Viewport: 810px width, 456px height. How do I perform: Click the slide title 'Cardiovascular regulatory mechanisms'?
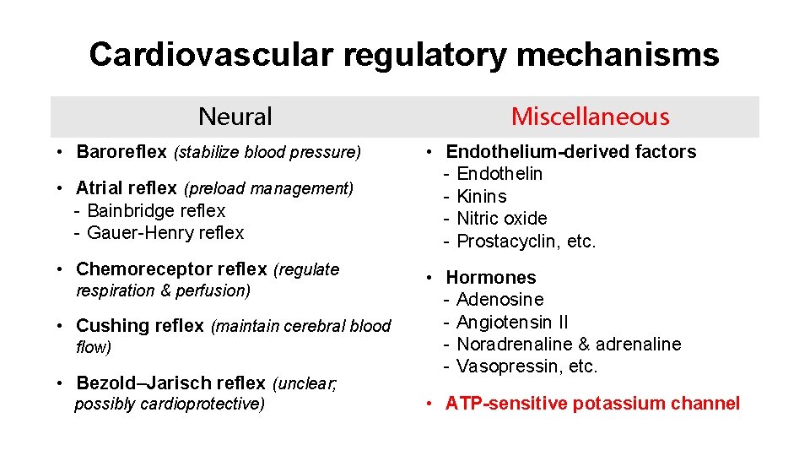404,55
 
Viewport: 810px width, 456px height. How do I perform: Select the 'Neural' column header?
235,117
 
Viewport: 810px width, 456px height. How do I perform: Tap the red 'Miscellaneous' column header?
590,117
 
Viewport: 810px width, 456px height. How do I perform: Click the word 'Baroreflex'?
121,152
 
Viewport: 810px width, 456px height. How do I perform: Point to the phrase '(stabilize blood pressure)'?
267,153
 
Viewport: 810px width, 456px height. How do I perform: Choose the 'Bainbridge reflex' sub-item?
156,210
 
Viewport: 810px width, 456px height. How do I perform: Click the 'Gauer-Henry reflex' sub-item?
165,232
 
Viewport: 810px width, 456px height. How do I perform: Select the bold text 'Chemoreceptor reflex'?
171,269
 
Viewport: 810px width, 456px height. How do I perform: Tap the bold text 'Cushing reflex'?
140,326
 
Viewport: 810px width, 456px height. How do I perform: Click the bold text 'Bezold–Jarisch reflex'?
170,383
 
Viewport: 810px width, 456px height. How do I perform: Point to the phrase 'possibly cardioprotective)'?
170,404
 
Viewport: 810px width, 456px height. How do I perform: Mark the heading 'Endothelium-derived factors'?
570,152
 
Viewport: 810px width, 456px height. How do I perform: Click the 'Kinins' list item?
482,196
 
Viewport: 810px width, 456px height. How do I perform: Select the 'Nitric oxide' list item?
501,218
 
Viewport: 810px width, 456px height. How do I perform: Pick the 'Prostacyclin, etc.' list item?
526,241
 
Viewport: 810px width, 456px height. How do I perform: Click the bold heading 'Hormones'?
490,277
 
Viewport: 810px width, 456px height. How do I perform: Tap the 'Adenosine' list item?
499,300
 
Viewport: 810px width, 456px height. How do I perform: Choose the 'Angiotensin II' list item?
512,322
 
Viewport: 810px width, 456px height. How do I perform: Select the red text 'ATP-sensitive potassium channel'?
592,404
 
